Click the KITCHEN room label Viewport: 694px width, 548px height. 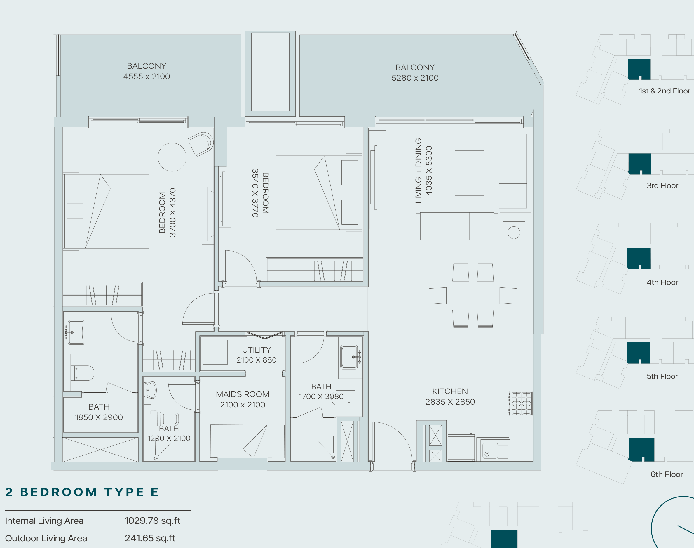tap(450, 391)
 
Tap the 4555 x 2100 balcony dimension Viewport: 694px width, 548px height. tap(147, 76)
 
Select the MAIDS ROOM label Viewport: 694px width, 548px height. tap(242, 394)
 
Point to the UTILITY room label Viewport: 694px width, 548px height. tap(257, 350)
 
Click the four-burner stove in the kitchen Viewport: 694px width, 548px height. tap(521, 403)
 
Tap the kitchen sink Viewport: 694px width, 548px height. tap(493, 450)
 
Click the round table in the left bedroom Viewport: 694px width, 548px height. tap(172, 157)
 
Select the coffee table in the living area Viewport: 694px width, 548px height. tap(469, 173)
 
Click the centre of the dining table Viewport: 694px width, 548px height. tap(473, 296)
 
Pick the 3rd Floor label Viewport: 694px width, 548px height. tap(662, 185)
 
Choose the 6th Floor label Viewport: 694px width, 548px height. tap(667, 474)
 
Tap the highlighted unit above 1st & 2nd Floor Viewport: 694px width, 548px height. tap(639, 69)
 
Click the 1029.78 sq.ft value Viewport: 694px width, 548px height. tap(152, 521)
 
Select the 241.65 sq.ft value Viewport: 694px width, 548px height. tap(150, 538)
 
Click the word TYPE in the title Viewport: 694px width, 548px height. tap(124, 492)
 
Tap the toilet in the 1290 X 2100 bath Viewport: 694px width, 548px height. tap(165, 418)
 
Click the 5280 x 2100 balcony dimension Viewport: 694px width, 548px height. tap(415, 78)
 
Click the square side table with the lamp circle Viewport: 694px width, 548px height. tap(514, 233)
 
